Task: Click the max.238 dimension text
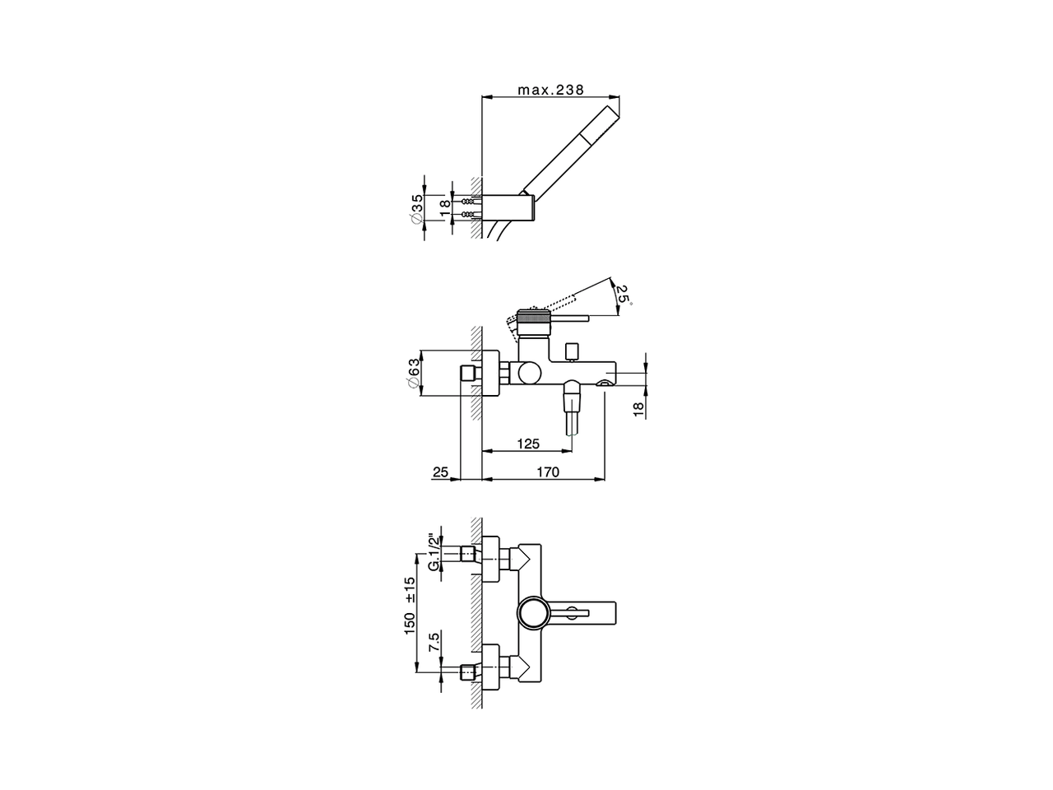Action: click(550, 91)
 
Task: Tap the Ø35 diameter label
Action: click(417, 207)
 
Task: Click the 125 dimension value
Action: click(528, 444)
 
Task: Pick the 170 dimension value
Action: click(548, 472)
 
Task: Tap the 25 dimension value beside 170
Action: click(440, 472)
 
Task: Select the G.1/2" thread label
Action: click(434, 552)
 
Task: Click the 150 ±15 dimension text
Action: click(410, 606)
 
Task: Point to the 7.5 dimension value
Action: click(434, 642)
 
